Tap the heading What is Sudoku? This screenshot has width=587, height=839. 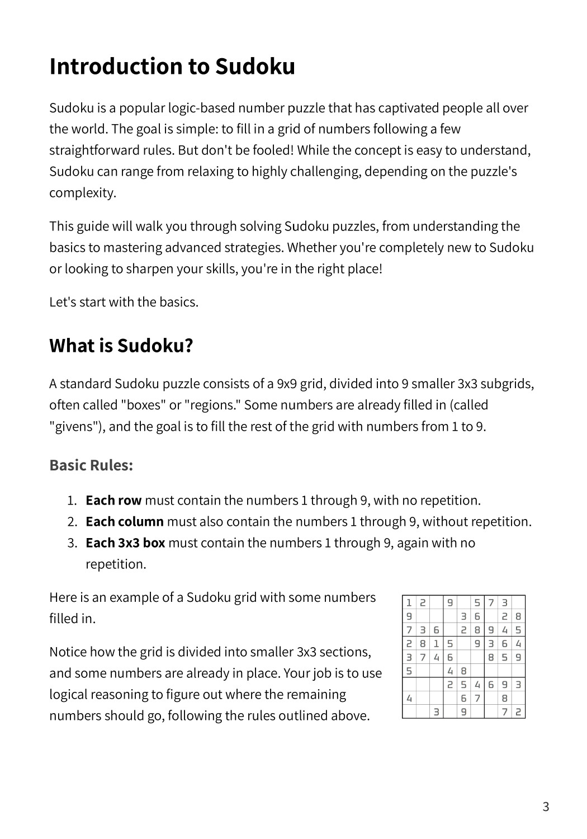pyautogui.click(x=121, y=345)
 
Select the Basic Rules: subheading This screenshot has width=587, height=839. pyautogui.click(x=91, y=465)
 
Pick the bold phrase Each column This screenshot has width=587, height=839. pyautogui.click(x=125, y=521)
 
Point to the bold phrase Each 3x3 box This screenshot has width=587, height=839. pyautogui.click(x=125, y=543)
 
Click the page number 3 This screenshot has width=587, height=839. pyautogui.click(x=546, y=807)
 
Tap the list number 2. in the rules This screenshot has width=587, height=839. pyautogui.click(x=72, y=521)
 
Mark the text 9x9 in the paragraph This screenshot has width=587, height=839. pyautogui.click(x=287, y=384)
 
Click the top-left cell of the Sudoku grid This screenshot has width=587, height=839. pyautogui.click(x=409, y=602)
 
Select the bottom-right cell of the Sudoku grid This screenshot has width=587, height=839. pyautogui.click(x=518, y=712)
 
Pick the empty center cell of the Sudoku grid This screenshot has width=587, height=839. pyautogui.click(x=463, y=657)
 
